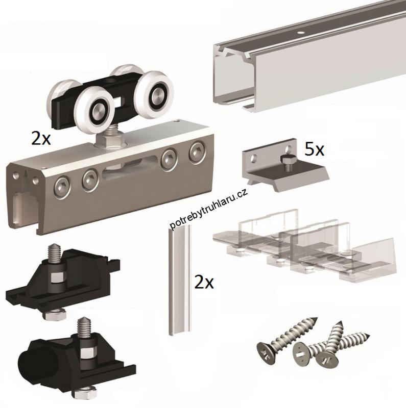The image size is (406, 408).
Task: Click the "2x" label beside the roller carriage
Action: pyautogui.click(x=41, y=138)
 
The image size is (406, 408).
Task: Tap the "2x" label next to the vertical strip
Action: pyautogui.click(x=204, y=283)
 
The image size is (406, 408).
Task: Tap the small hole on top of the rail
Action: pyautogui.click(x=301, y=33)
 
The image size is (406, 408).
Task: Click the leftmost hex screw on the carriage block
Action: pyautogui.click(x=62, y=187)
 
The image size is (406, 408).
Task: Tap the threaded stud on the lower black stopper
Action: pyautogui.click(x=84, y=326)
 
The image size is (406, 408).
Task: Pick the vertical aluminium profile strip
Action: pyautogui.click(x=180, y=280)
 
